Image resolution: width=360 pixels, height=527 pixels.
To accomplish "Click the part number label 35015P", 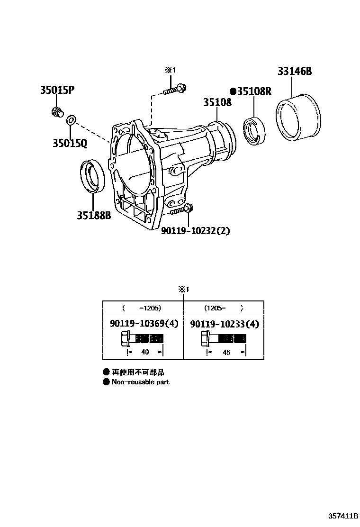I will click(57, 90).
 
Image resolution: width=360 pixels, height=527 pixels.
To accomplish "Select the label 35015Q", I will click(70, 143).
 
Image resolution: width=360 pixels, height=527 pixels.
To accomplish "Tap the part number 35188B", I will click(94, 216).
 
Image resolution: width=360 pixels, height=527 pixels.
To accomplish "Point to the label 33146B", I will click(295, 72).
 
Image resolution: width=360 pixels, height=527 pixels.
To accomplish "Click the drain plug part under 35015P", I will click(58, 113).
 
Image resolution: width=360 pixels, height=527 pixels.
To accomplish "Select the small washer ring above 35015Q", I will click(71, 119).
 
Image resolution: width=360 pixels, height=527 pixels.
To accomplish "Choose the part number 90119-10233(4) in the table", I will click(225, 324).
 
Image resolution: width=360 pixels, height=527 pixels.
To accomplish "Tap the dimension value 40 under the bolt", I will click(145, 352).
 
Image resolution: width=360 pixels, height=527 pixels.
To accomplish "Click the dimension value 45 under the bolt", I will click(226, 352).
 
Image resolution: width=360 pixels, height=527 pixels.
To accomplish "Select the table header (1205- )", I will click(223, 308).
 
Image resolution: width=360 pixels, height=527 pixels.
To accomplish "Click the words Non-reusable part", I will click(140, 382).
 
